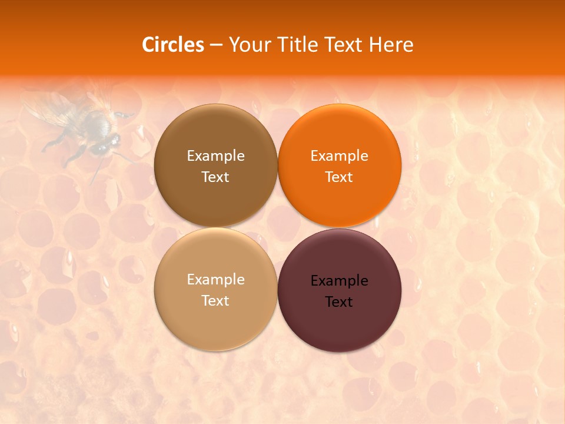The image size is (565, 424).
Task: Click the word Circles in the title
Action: coord(172,45)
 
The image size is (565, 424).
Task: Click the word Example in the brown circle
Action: coord(215,155)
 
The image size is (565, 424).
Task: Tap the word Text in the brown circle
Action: coord(215,177)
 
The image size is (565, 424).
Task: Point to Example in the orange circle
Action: coord(339,155)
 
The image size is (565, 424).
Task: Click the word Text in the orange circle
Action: coord(339,177)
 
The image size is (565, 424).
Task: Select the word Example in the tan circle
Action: coord(215,279)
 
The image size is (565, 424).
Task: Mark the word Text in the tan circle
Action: coord(215,300)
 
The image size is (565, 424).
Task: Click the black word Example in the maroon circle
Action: coord(339,280)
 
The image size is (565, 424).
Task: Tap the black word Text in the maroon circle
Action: coord(339,302)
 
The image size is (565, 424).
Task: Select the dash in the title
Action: coord(216,45)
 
